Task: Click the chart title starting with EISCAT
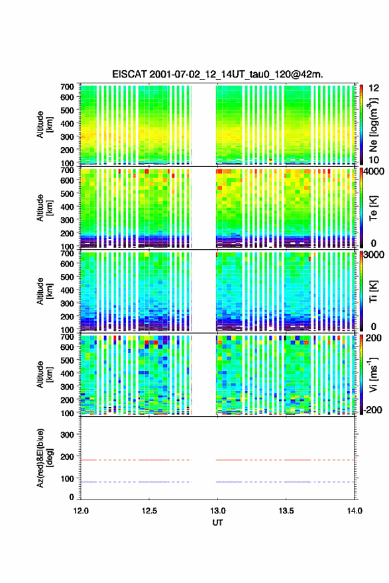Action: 217,74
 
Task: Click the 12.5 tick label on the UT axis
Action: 149,511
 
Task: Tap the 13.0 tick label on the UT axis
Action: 217,511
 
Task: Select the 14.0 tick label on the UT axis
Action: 355,511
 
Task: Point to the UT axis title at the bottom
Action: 217,523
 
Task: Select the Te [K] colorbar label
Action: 373,209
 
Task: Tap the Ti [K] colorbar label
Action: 373,291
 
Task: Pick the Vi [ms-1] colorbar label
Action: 373,374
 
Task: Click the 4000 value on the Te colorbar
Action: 374,172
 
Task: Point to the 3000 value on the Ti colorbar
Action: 374,254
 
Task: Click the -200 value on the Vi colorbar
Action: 373,409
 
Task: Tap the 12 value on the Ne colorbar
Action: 374,88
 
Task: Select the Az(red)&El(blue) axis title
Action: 44,458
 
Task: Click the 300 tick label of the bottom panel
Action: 67,435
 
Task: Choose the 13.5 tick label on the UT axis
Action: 286,511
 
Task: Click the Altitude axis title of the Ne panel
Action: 44,125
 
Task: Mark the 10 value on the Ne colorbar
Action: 374,160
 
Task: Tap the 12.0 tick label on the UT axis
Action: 81,511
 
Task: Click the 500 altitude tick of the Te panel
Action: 67,193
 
